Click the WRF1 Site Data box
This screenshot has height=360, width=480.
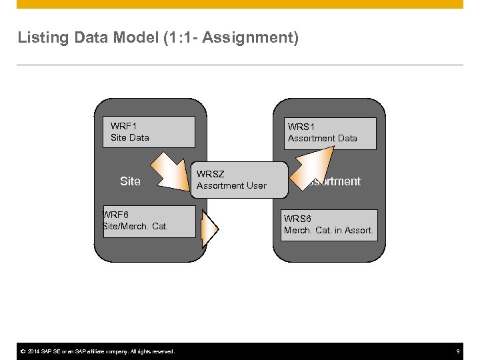(x=149, y=132)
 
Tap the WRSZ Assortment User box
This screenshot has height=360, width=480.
(x=239, y=180)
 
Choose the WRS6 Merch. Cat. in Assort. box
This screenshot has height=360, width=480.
(x=329, y=225)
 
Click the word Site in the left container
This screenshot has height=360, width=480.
(x=130, y=181)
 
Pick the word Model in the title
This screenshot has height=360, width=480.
(x=135, y=37)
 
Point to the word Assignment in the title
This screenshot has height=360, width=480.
(x=249, y=37)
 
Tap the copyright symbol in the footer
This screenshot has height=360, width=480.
(x=22, y=351)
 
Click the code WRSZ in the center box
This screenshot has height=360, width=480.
(x=210, y=174)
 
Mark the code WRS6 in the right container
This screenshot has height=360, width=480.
(x=297, y=219)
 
